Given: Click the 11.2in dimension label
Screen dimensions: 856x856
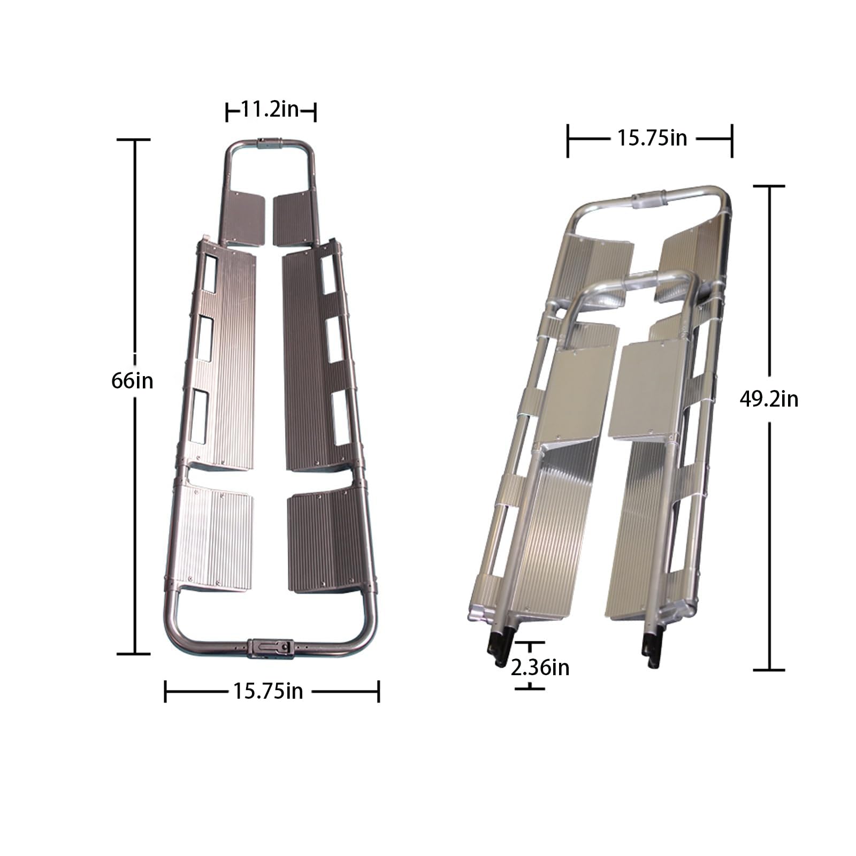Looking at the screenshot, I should coord(270,111).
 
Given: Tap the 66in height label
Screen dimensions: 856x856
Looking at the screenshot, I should coord(132,381).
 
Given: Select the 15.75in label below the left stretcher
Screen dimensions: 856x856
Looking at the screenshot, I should coord(268,691).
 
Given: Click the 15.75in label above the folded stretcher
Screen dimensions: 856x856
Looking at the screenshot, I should coord(652,139).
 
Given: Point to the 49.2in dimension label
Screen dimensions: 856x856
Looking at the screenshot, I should coord(769,399).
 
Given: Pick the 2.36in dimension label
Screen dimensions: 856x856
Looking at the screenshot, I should coord(540,668).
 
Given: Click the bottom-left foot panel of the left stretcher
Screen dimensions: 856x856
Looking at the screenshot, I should coord(217,538).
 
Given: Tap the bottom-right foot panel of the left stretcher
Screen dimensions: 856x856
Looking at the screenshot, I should coord(321,540).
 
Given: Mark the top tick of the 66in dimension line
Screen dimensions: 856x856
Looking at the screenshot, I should coord(133,140).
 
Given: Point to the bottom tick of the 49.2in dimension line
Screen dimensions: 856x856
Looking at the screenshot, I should coord(769,670).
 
